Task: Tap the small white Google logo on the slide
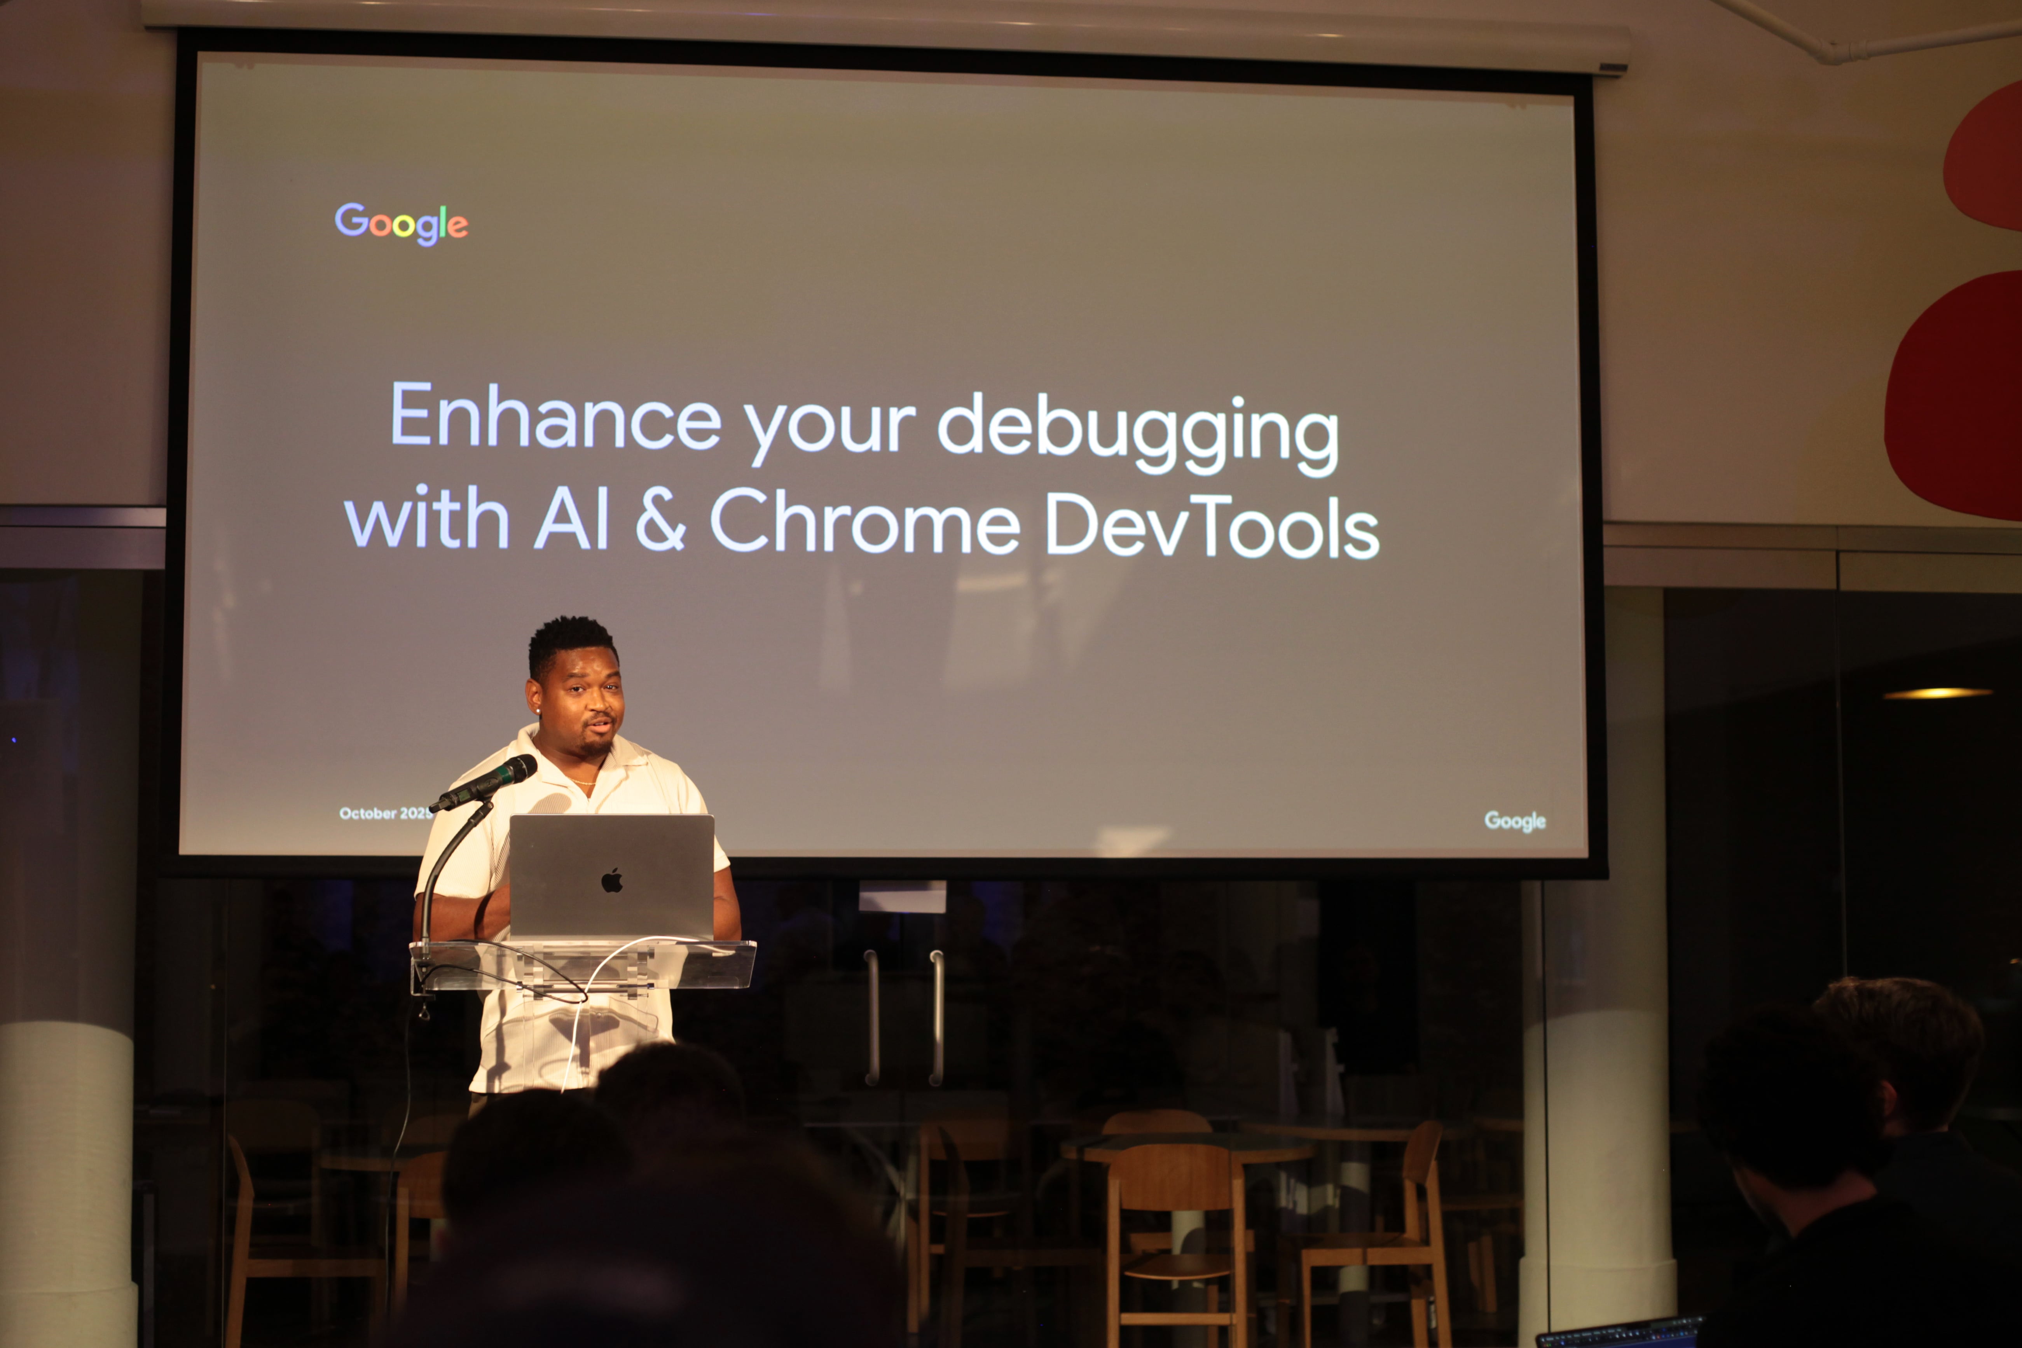[x=1515, y=821]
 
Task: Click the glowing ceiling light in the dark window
[x=1937, y=693]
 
